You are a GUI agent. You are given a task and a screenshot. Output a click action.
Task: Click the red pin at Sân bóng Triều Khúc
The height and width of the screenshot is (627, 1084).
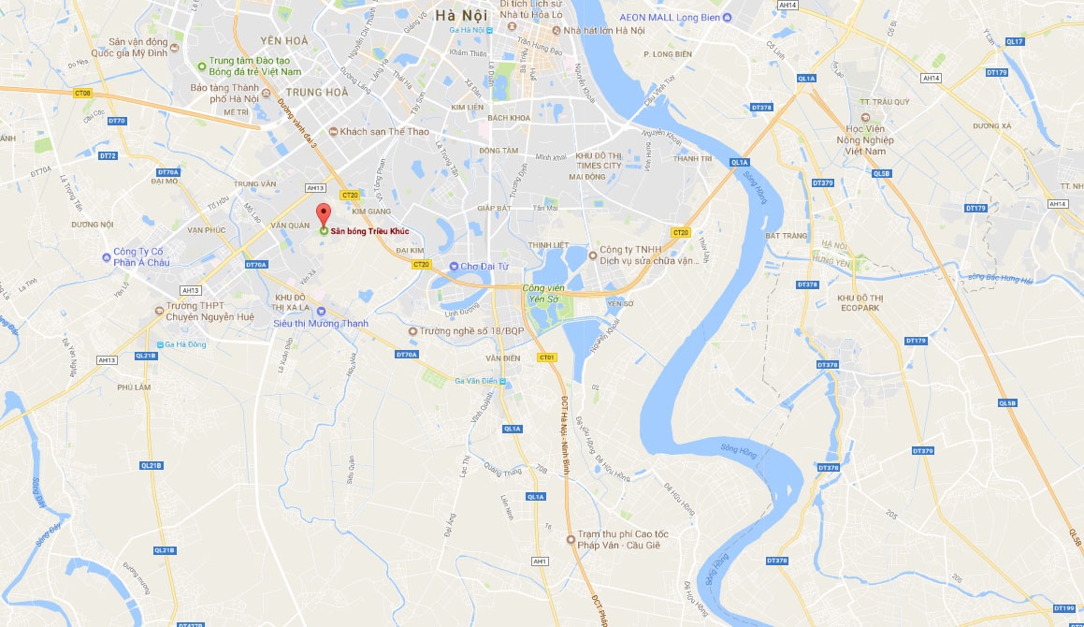[323, 211]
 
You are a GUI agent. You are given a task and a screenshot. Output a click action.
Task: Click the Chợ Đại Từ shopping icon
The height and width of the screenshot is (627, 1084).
[454, 267]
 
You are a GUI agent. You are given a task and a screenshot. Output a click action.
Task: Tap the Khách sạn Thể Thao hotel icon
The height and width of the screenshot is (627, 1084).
[333, 132]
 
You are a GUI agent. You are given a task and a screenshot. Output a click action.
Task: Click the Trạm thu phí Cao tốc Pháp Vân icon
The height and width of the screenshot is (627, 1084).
[571, 538]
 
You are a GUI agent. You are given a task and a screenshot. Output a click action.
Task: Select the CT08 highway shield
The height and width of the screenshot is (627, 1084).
[83, 93]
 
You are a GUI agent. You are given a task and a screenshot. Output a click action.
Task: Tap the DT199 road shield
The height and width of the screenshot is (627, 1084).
[1063, 607]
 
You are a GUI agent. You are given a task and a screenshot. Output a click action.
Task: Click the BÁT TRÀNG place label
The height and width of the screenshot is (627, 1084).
[786, 236]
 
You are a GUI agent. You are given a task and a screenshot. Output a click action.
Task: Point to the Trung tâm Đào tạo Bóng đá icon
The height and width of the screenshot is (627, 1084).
[201, 66]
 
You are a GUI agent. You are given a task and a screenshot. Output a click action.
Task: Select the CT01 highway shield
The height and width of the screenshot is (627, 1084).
[547, 357]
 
